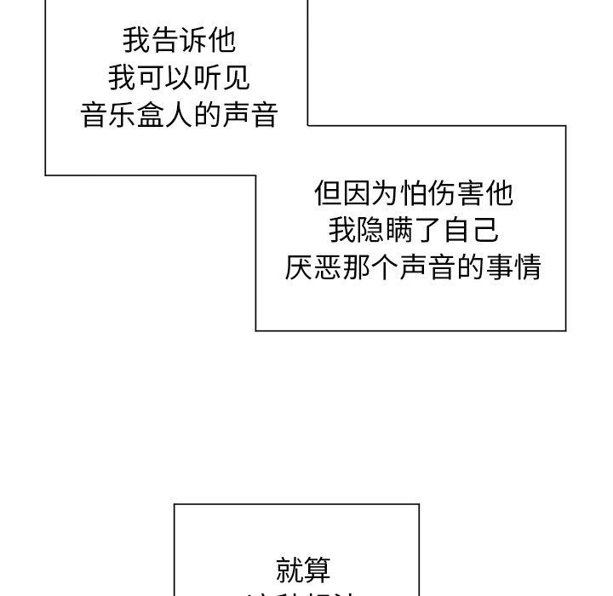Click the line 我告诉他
[x=179, y=40]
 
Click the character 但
[x=329, y=193]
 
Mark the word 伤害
[x=471, y=193]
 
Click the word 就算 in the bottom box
[x=304, y=569]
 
